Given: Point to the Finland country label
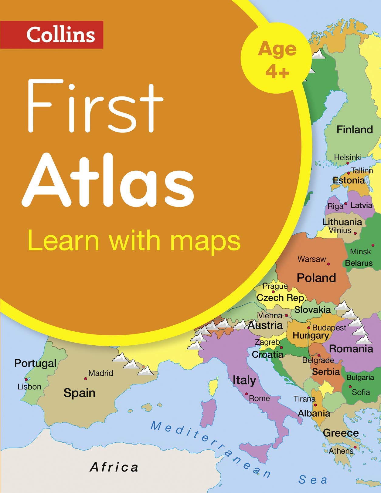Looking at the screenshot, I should point(355,130).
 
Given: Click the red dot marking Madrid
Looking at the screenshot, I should point(85,378).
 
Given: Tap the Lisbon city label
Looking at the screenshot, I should point(29,387).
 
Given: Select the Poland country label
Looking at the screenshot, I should point(316,278).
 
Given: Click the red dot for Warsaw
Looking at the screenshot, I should point(328,264).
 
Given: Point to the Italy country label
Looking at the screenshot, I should point(244,380).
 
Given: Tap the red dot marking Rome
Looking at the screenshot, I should point(247,394).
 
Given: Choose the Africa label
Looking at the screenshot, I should point(114,467).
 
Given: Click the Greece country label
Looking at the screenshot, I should point(341,433).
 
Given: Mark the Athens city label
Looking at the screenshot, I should point(341,451).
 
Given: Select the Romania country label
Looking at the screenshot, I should point(351,349).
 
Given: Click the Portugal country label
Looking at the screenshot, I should point(36,363).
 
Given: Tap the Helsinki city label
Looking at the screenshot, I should point(348,157).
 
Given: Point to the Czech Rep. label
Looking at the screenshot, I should point(281,298).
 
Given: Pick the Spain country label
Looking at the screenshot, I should point(80,393).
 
